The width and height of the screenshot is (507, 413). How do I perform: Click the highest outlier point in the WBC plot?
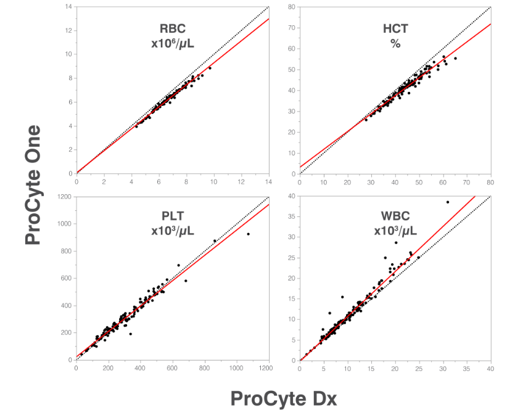point(447,202)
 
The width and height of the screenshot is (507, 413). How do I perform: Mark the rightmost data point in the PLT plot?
point(248,234)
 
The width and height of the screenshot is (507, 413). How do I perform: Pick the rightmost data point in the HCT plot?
point(455,58)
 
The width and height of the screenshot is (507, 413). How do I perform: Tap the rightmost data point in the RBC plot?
point(210,68)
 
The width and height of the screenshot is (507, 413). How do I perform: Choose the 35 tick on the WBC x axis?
point(466,368)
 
